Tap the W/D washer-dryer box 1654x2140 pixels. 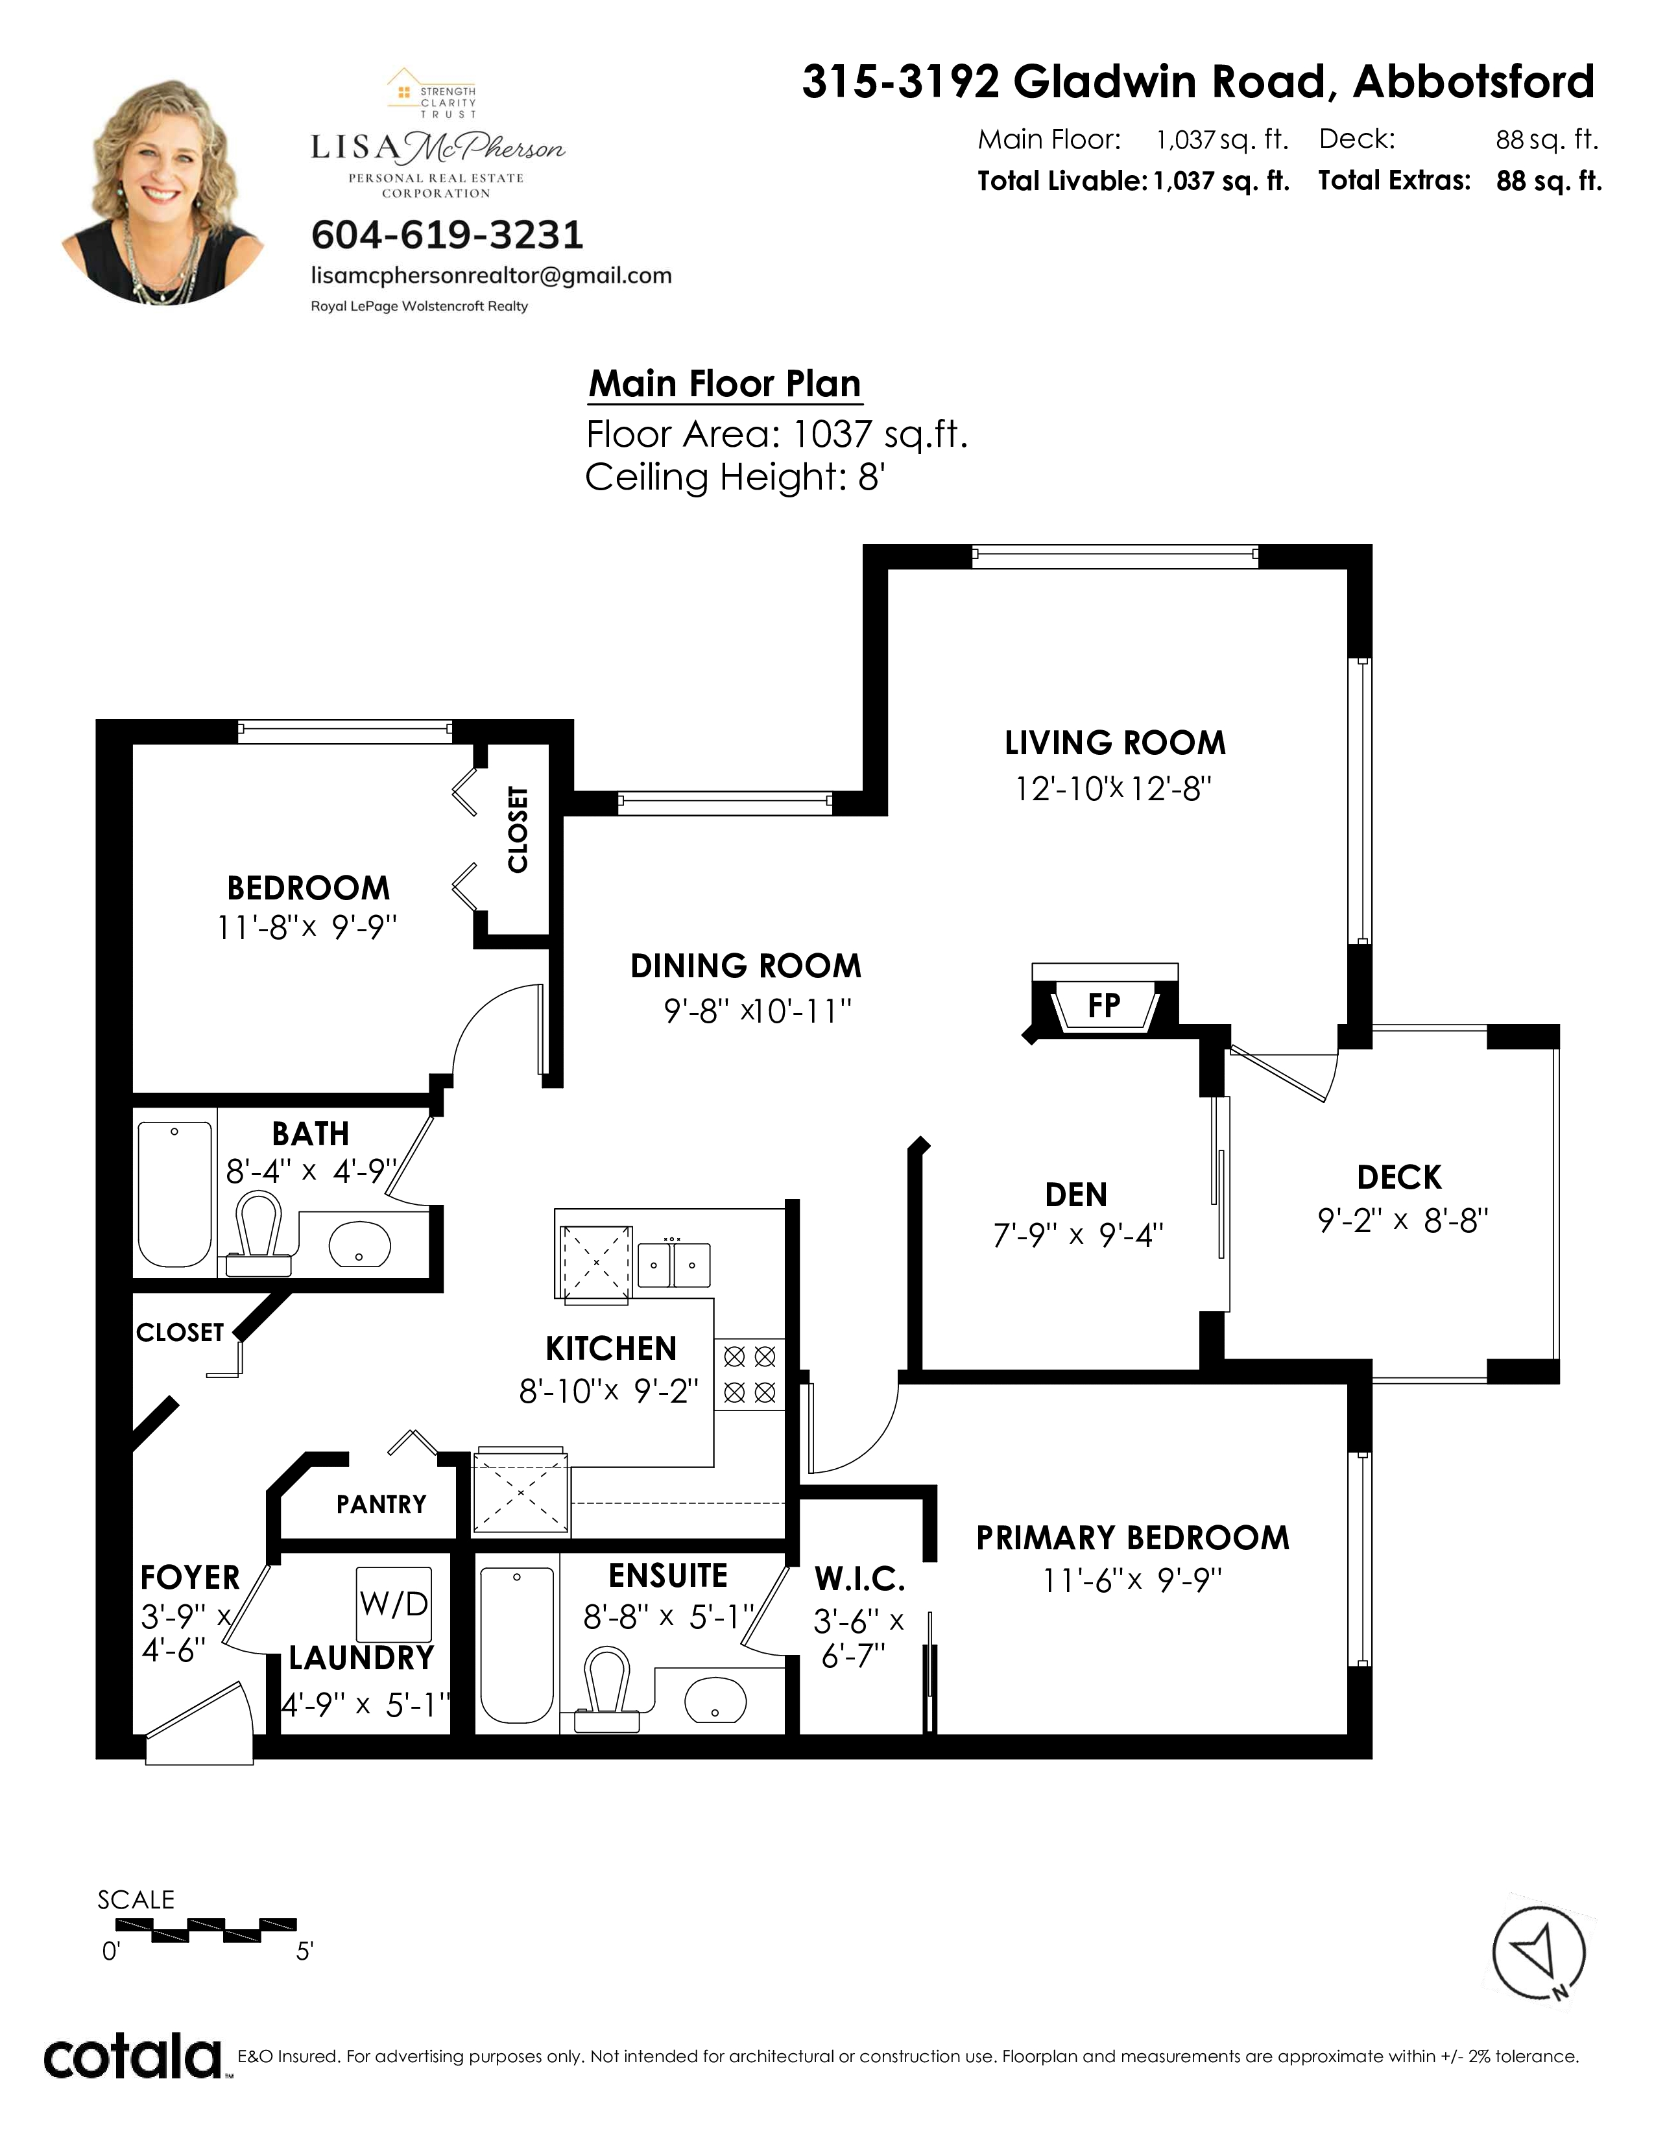point(394,1604)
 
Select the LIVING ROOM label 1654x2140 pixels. point(1115,743)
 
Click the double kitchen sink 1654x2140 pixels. point(674,1264)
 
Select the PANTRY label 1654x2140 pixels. point(381,1504)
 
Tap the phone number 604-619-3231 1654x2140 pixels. point(447,235)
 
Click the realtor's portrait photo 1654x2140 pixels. point(163,190)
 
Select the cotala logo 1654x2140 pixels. point(133,2057)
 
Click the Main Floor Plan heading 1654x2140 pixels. point(725,383)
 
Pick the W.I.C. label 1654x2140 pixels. point(859,1578)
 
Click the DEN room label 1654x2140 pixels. point(1076,1195)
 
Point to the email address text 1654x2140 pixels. point(491,276)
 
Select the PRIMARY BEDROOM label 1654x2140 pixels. point(1133,1538)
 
